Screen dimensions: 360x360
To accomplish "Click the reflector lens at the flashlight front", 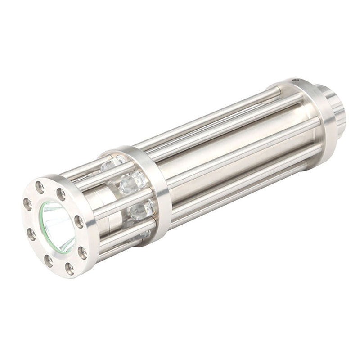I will coord(58,225).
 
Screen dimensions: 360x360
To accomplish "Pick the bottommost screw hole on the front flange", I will coord(70,269).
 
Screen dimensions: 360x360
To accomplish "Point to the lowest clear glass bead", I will coord(143,234).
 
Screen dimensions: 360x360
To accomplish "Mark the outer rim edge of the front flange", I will coord(90,234).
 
